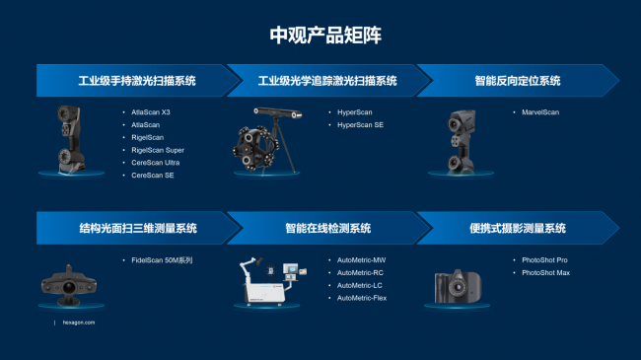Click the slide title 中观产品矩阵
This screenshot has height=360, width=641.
pos(325,36)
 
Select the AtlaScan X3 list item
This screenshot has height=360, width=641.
pos(151,112)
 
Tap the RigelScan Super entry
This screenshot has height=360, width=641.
pos(158,150)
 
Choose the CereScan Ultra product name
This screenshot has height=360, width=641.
pos(156,163)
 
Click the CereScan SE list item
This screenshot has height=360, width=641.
pos(153,176)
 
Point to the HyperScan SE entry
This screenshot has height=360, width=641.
pos(360,125)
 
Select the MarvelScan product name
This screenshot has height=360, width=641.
pos(540,112)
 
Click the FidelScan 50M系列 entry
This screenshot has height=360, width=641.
pos(162,260)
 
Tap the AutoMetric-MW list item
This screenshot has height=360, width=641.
pos(361,260)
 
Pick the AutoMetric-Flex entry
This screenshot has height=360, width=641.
pos(362,298)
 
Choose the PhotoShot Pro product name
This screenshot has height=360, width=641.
pos(544,260)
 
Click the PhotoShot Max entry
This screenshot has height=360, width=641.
pos(545,273)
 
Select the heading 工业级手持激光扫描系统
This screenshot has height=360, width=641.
pos(137,81)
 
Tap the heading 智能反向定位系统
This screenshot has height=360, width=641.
pos(518,81)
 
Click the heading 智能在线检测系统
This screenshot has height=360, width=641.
pos(327,228)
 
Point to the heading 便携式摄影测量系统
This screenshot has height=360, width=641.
pos(518,228)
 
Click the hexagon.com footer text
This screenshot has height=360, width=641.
pos(79,323)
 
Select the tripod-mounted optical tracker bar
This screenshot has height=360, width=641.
pos(277,112)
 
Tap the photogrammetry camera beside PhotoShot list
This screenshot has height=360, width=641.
pos(458,286)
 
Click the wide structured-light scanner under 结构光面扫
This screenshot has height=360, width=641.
pos(69,285)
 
